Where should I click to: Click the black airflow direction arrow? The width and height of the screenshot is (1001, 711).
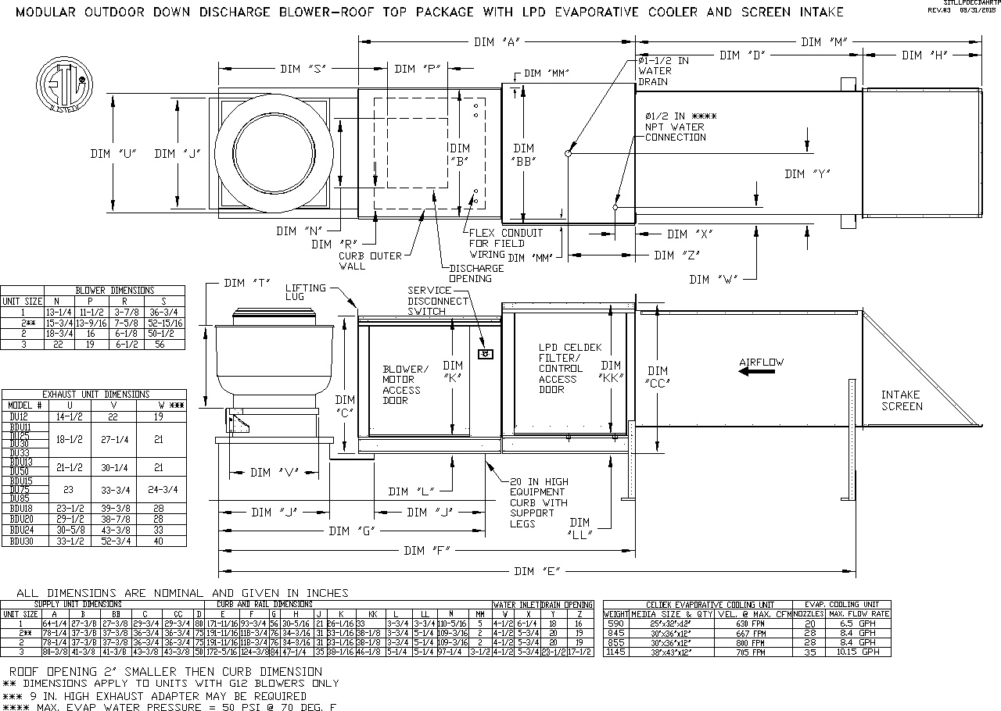757,372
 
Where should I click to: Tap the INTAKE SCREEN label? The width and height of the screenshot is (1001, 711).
901,400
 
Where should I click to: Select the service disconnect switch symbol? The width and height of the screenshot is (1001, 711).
485,354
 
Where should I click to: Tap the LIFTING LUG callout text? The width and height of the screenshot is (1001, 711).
306,293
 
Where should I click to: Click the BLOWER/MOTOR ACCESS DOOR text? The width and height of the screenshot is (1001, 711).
406,384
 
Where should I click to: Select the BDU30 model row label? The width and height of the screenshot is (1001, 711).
22,541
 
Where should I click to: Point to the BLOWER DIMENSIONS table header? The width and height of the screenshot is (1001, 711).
114,291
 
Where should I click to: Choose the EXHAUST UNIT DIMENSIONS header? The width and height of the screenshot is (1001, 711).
95,395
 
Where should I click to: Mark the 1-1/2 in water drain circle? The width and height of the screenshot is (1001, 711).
568,153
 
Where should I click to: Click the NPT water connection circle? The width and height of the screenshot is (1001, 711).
615,207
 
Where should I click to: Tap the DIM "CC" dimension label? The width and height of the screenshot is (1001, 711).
658,377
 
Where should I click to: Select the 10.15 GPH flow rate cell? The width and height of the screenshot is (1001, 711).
859,652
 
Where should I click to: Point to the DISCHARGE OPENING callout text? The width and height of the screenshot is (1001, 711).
476,273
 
